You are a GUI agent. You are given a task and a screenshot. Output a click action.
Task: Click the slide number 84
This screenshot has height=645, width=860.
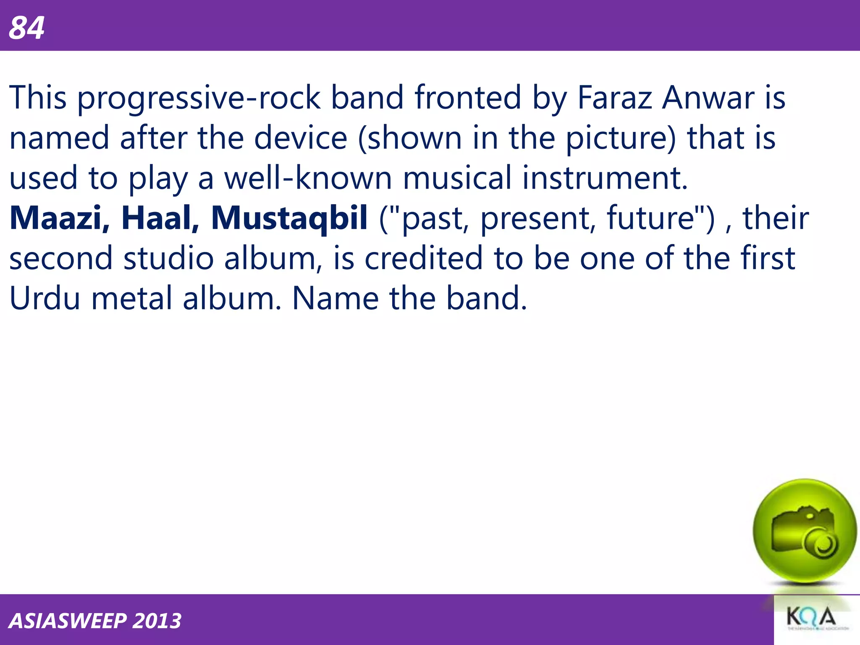tap(26, 28)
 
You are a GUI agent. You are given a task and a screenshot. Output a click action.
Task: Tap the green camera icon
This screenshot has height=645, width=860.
tap(804, 532)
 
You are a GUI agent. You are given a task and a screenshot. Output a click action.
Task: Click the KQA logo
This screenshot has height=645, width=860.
tap(811, 618)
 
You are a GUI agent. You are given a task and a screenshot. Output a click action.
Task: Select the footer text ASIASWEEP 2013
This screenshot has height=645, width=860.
tap(95, 621)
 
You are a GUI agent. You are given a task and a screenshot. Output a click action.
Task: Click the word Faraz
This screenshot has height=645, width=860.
tap(614, 97)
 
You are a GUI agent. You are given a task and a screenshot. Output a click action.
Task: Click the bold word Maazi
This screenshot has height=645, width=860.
tap(59, 218)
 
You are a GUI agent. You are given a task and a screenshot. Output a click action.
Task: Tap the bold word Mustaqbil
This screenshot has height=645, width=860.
tap(289, 219)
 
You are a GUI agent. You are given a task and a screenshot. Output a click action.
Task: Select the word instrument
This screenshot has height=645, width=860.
tap(605, 178)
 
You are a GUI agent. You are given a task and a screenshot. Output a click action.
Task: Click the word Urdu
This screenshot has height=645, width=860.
tap(45, 299)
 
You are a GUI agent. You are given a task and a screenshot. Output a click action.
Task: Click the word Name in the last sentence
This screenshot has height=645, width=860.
tap(336, 299)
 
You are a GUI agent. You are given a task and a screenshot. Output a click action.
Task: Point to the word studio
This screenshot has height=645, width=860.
tap(168, 258)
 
